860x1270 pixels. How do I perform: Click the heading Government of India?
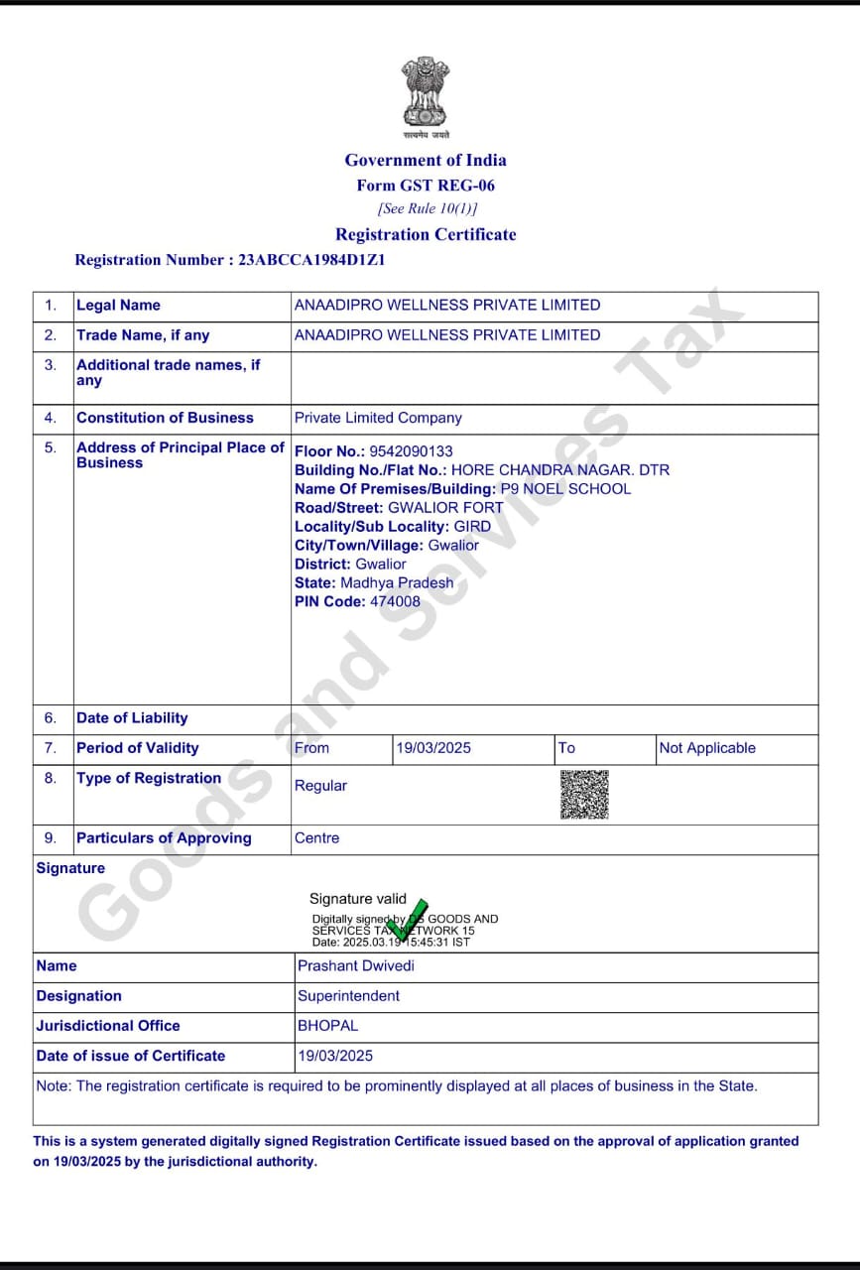[x=426, y=160]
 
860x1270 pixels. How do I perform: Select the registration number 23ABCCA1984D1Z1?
[x=311, y=260]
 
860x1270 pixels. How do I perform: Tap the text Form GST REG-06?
[x=426, y=186]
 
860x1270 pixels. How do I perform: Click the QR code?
[x=584, y=794]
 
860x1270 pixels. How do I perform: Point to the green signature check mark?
[x=409, y=920]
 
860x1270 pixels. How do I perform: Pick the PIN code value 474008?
[x=395, y=601]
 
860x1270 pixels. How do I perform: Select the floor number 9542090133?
[x=411, y=451]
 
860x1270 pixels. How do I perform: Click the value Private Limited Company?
[x=378, y=418]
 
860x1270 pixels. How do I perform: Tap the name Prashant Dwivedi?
[x=356, y=965]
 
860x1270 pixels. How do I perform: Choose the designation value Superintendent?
[x=348, y=995]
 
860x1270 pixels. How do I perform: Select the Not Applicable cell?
[x=707, y=748]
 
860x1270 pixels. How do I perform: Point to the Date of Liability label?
[x=132, y=717]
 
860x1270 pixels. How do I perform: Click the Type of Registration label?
[x=149, y=778]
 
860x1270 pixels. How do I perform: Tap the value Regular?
[x=320, y=786]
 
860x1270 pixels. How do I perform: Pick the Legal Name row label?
[x=118, y=305]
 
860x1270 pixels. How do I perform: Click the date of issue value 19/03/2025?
[x=335, y=1055]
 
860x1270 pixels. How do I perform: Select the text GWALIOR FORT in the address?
[x=445, y=507]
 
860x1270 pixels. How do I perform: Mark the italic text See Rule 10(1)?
[x=427, y=209]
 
